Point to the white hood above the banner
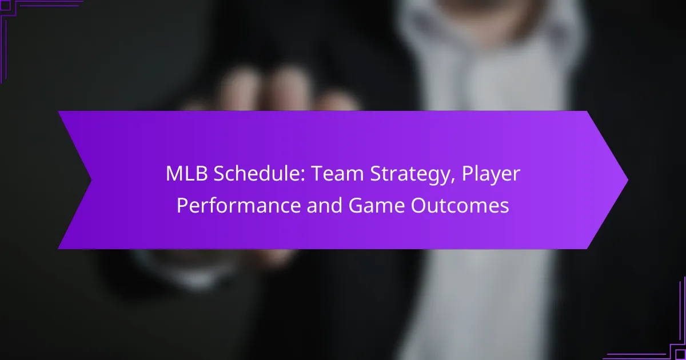click(x=486, y=51)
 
